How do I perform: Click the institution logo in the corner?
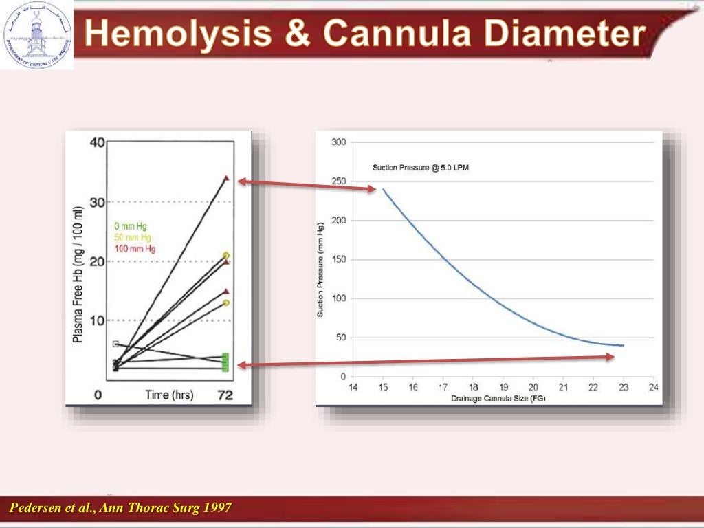(x=36, y=34)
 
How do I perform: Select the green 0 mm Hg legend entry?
(x=130, y=226)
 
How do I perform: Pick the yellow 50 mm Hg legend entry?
(x=131, y=237)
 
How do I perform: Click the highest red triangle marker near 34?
(x=226, y=178)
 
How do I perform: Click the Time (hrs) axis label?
(x=169, y=395)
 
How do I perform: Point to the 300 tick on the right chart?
(x=338, y=142)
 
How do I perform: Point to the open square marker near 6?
(x=115, y=344)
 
